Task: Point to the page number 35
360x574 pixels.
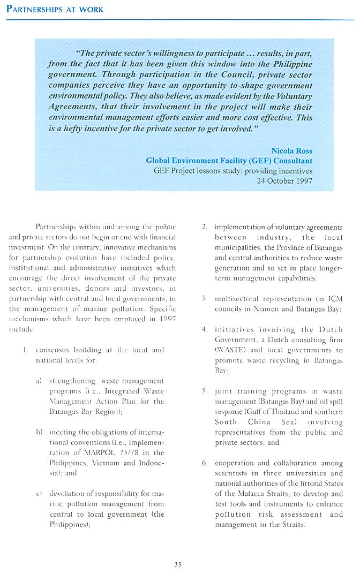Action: coord(179,562)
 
